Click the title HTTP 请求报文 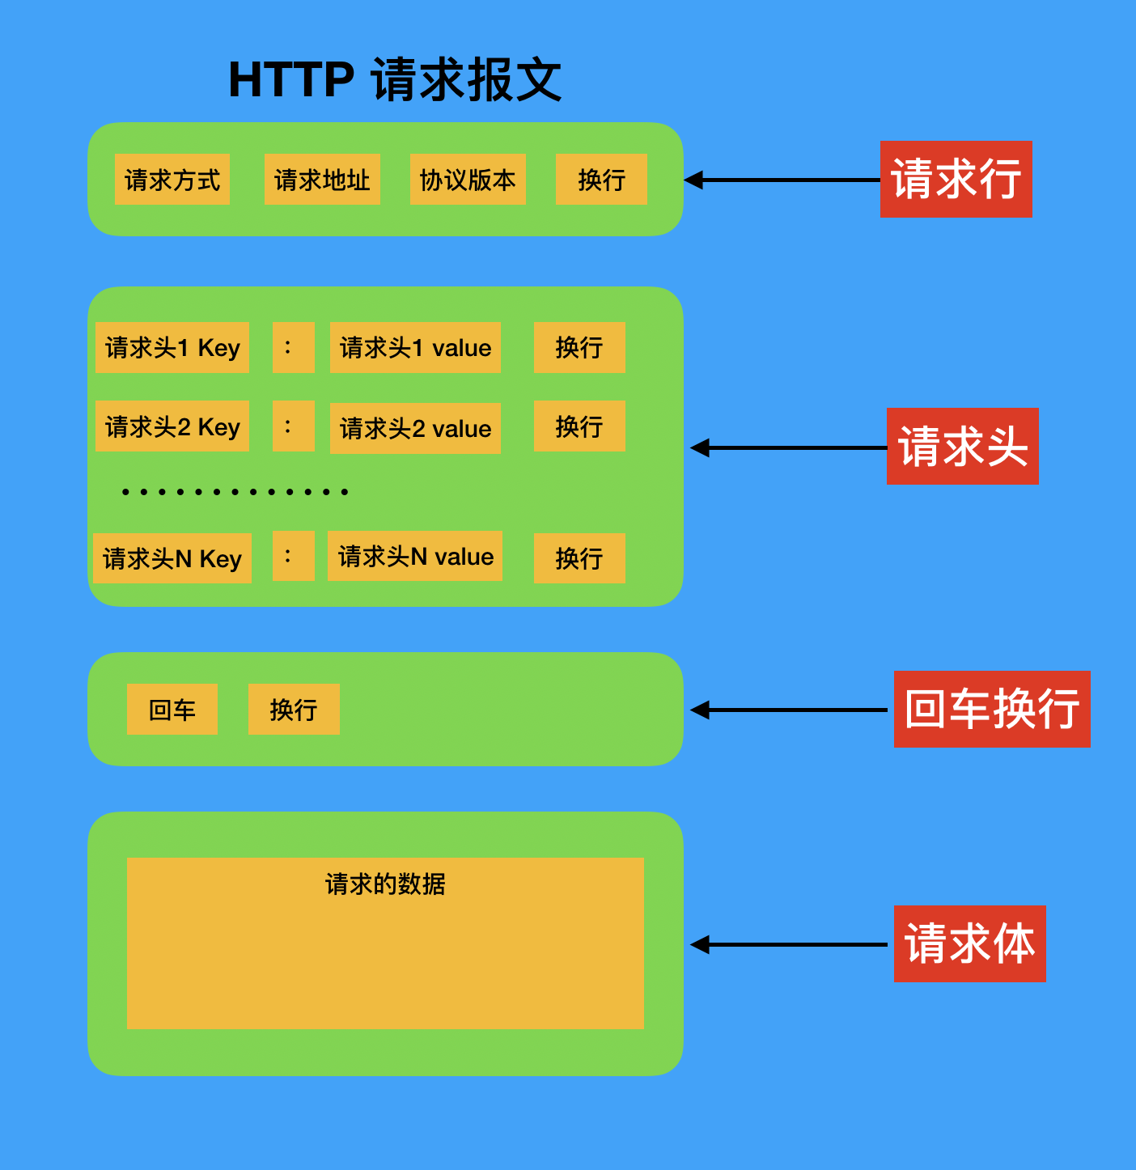point(395,80)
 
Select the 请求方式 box point(172,180)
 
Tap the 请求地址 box point(322,180)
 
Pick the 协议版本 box point(468,180)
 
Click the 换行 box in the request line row point(601,180)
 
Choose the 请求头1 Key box point(172,348)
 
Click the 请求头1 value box point(415,348)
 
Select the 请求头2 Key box point(172,426)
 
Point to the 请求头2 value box point(415,428)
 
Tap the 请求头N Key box point(172,558)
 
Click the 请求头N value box point(415,556)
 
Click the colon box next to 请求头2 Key point(293,426)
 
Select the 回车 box point(172,710)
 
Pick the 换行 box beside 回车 point(294,710)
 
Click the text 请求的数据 point(385,884)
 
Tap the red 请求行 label point(956,179)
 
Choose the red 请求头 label point(962,447)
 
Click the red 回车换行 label point(992,710)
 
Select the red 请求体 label point(969,943)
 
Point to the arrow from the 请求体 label point(789,944)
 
